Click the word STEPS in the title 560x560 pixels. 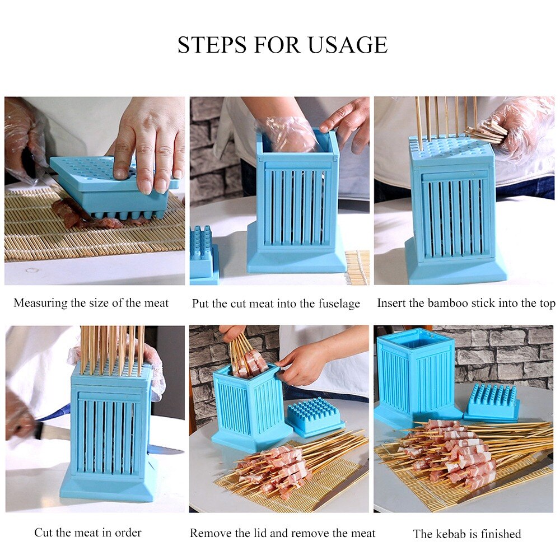coord(212,45)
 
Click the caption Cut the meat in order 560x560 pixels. coord(88,532)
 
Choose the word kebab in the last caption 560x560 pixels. coord(452,534)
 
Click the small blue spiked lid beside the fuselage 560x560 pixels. coord(203,252)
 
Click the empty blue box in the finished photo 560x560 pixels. coord(416,375)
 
